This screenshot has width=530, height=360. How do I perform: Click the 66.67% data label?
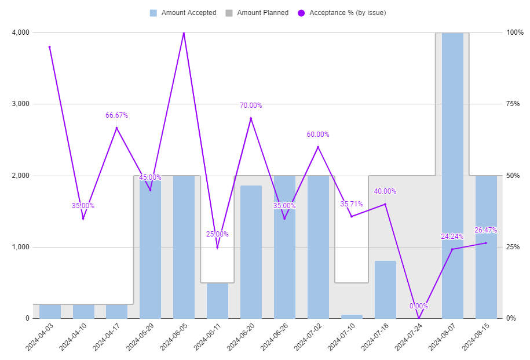(116, 115)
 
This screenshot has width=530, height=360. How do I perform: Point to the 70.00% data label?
(251, 106)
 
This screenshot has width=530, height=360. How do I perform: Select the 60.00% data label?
(318, 134)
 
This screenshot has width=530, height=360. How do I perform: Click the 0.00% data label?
(419, 306)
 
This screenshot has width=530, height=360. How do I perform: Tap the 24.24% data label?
(452, 237)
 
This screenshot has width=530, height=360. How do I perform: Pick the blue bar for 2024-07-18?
(385, 290)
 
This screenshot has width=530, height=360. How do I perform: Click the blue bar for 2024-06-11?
(217, 301)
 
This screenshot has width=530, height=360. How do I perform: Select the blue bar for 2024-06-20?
(251, 252)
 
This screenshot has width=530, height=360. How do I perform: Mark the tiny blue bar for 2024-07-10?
(352, 317)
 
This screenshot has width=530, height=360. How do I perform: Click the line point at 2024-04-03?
(50, 47)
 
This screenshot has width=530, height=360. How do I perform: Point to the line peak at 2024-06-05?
(184, 33)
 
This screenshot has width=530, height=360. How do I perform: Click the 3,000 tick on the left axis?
(20, 104)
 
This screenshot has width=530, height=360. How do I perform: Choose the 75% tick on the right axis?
(513, 104)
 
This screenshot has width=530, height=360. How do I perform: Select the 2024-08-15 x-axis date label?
(476, 337)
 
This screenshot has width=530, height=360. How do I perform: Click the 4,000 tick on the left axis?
(20, 32)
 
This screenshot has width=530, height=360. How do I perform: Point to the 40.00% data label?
(385, 191)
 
